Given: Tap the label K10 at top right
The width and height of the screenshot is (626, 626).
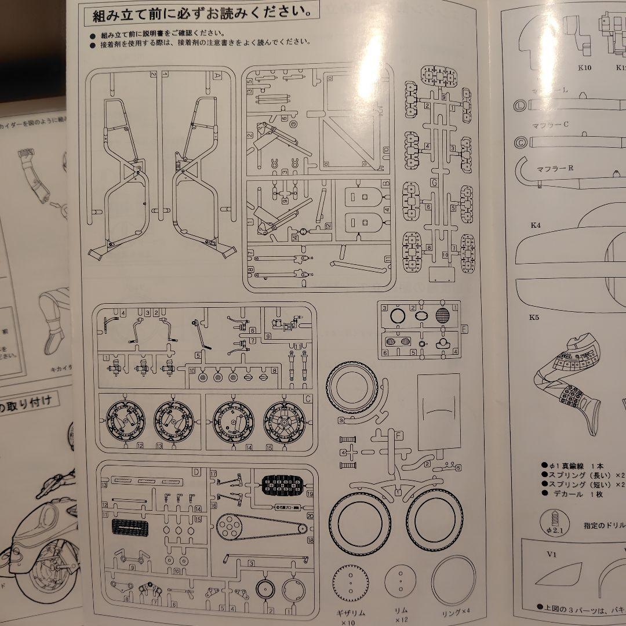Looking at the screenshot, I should point(584,67).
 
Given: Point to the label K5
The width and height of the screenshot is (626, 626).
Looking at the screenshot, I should point(534,317).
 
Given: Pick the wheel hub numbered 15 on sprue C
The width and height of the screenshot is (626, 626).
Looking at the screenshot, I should point(285,421).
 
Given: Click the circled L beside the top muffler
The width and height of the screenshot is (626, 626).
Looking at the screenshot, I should point(520,105).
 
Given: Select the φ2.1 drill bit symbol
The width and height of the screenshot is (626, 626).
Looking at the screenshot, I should point(549,522).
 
